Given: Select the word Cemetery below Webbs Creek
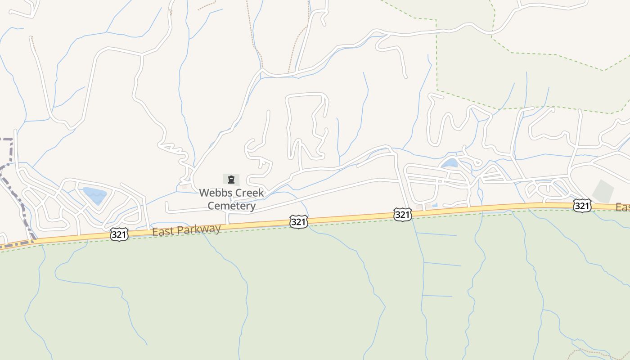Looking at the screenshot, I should coord(231,206).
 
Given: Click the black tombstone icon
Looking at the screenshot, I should coord(231,180).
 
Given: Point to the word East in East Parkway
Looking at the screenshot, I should coord(162,232).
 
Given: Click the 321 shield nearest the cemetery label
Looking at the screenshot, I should coord(298,221).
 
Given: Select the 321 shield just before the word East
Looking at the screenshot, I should coord(119,234).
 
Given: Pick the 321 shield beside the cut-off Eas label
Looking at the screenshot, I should coord(582,206).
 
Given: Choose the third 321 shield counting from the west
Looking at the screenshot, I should coord(402,215).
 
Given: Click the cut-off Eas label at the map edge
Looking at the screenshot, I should coord(623,207).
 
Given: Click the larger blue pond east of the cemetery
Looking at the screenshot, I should coord(450,163).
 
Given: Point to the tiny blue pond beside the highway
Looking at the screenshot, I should coord(435,205).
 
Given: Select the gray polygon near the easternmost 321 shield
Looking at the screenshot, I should coord(603,191).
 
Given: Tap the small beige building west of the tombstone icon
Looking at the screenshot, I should coord(184,186).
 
